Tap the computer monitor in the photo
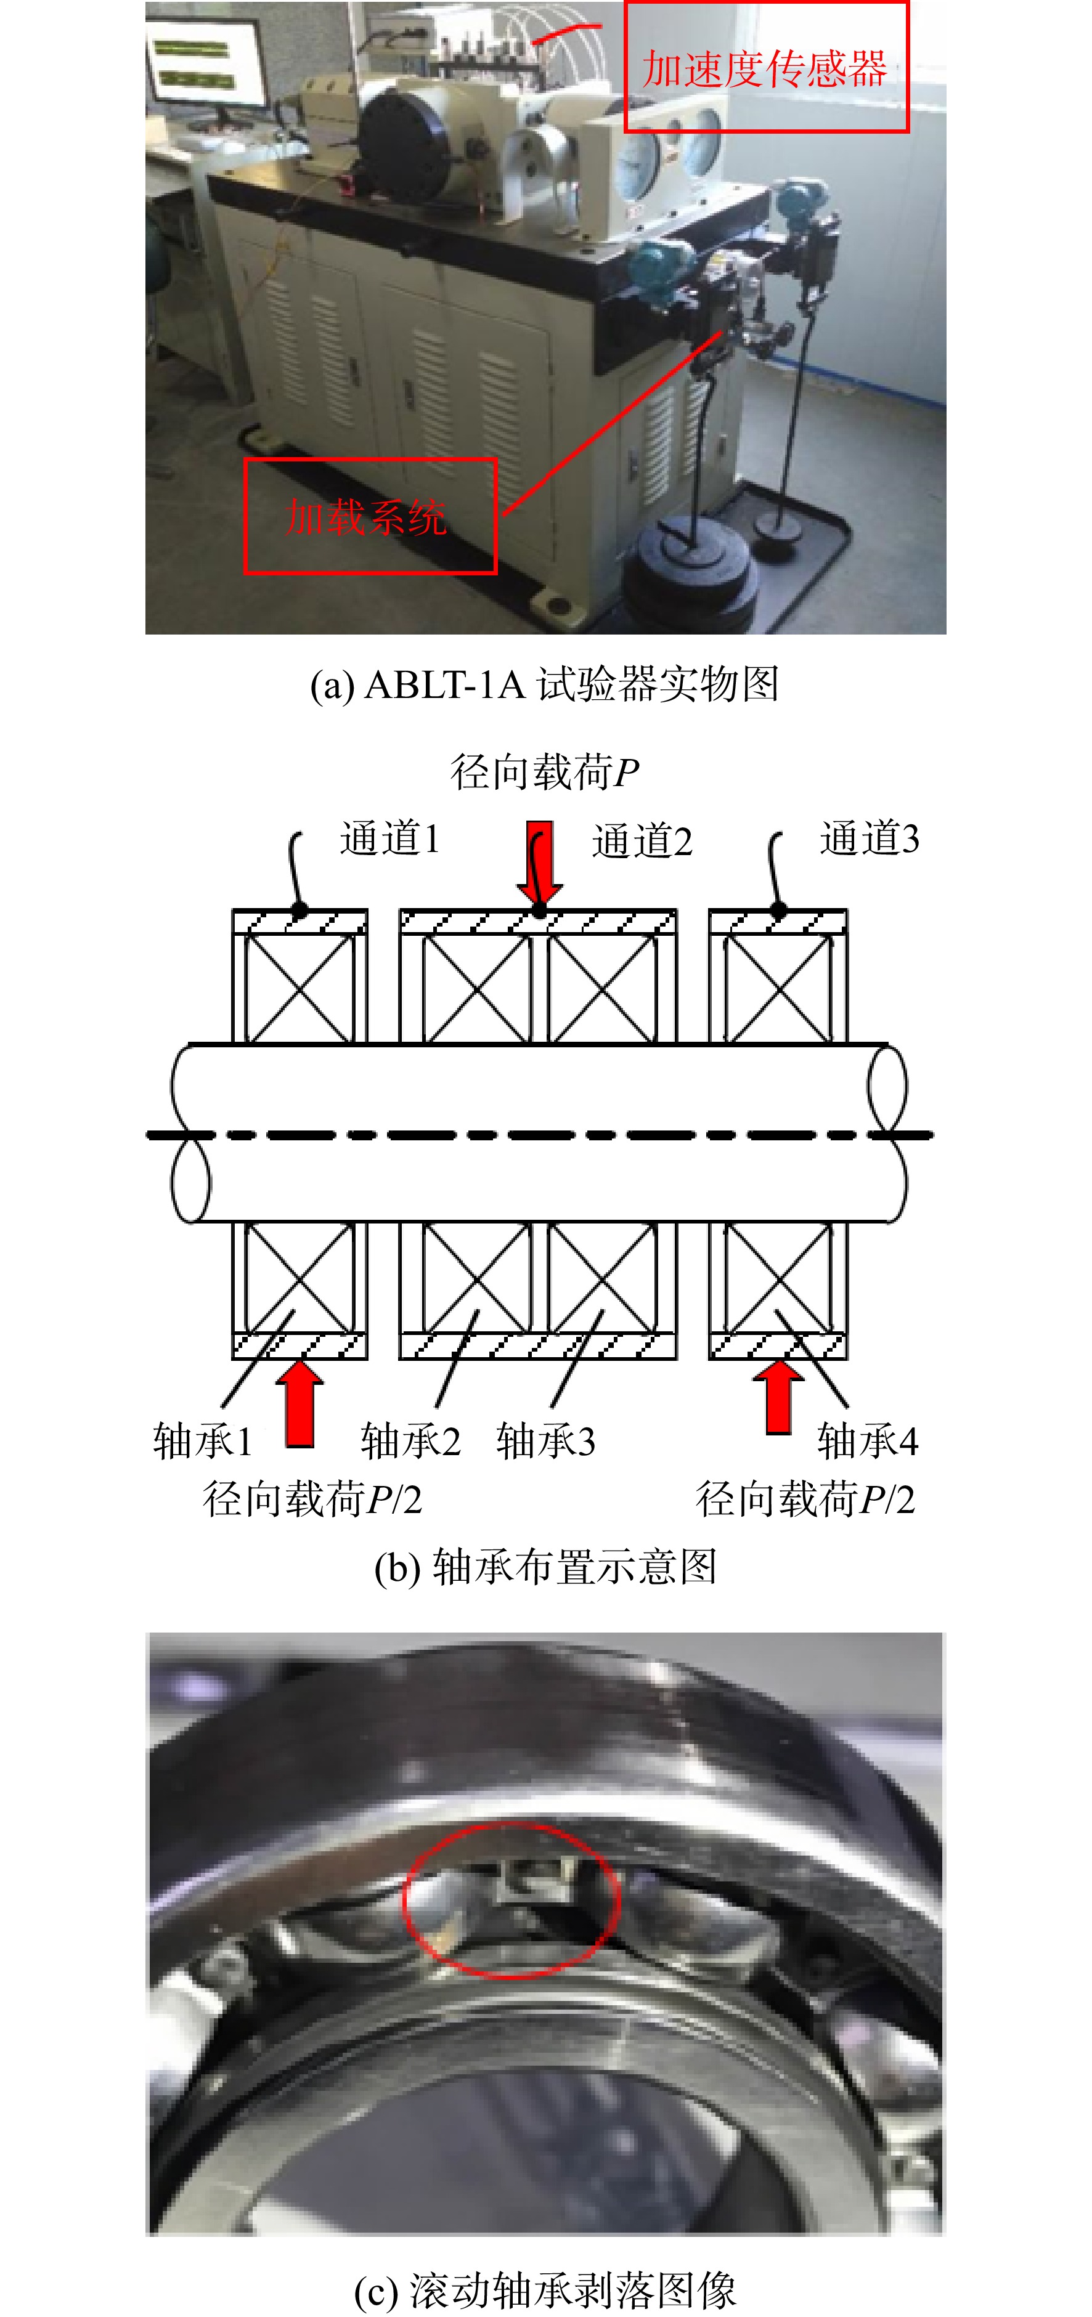(207, 63)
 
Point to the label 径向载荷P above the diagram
(545, 773)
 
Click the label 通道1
(389, 839)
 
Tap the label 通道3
(870, 839)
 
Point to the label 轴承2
(411, 1441)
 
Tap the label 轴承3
(546, 1441)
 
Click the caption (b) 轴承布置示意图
(545, 1567)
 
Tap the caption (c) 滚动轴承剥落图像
(545, 2291)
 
